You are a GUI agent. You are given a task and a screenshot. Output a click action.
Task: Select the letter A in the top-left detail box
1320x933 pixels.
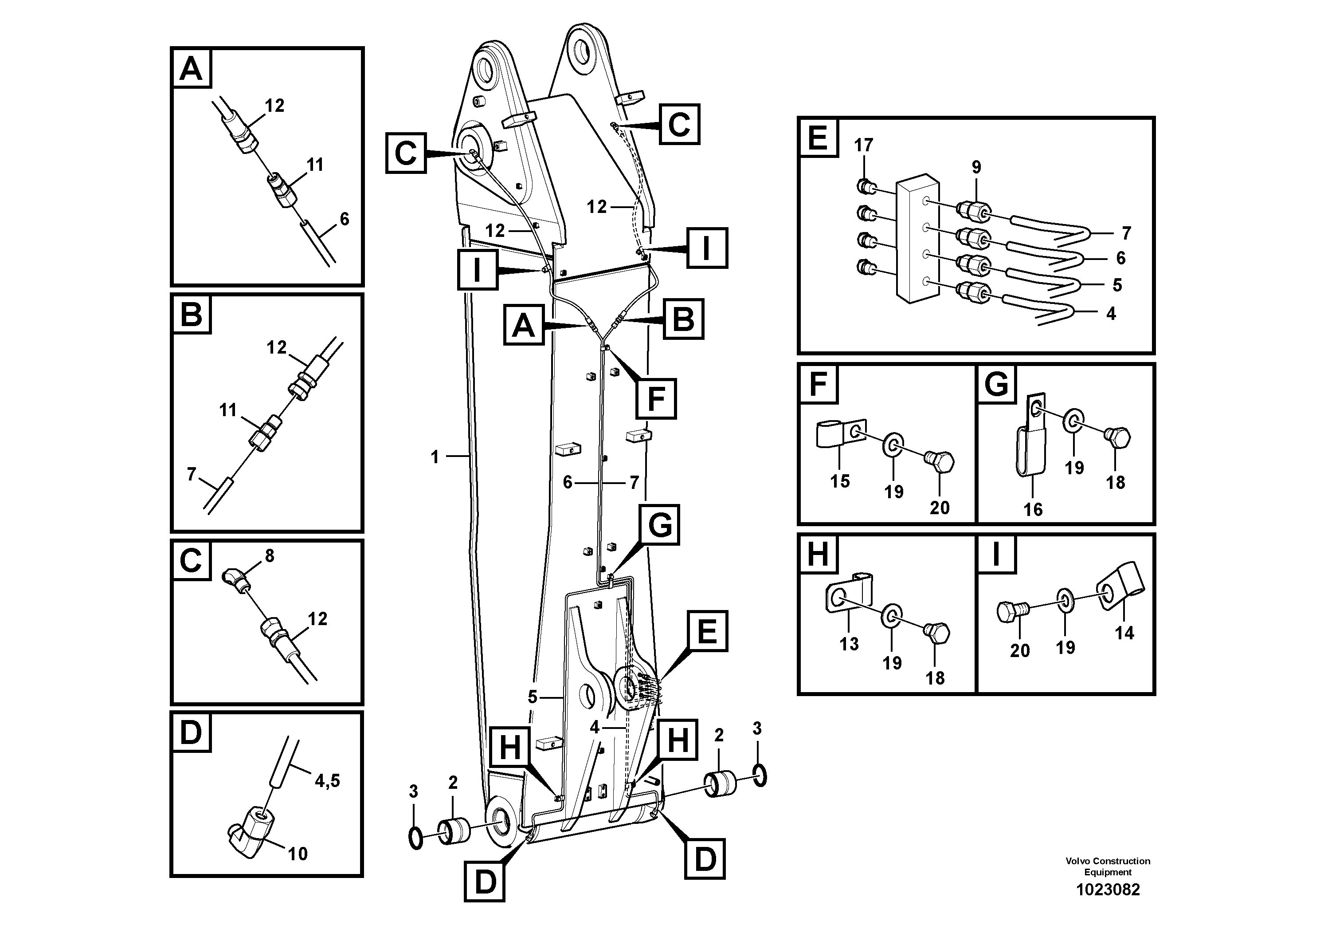click(191, 69)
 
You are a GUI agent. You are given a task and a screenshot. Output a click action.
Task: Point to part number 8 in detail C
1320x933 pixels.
click(269, 555)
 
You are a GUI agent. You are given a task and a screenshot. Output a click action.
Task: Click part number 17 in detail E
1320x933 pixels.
click(863, 145)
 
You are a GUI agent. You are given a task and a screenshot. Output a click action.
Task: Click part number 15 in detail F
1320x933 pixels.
click(839, 481)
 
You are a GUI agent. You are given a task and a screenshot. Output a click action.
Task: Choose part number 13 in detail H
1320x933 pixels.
click(849, 644)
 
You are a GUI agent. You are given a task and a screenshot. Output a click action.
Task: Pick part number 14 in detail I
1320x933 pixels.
click(1124, 633)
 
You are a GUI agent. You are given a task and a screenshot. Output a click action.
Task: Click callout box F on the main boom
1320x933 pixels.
click(656, 399)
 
